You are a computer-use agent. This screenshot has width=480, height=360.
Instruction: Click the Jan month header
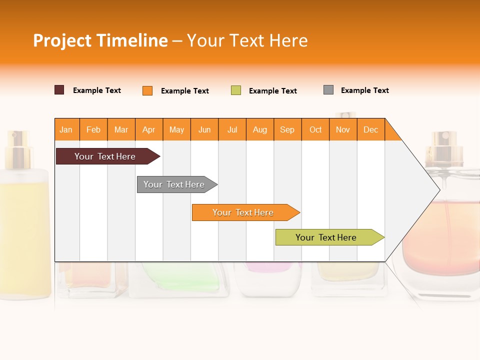click(66, 129)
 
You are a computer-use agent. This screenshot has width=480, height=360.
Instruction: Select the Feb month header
click(93, 129)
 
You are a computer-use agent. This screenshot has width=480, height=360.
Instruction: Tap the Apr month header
click(149, 129)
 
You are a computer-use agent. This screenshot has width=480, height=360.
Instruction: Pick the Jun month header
click(204, 129)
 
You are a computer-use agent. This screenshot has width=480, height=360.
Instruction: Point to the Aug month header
click(260, 129)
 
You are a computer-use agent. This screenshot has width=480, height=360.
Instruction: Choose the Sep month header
click(287, 129)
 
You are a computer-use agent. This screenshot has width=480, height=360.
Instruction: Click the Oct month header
click(315, 129)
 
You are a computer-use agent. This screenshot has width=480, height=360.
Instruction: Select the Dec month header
click(371, 129)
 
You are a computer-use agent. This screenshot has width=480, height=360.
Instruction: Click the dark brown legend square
click(59, 90)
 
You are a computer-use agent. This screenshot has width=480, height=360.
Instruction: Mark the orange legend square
click(147, 90)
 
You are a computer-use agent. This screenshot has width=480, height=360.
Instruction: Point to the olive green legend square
click(236, 90)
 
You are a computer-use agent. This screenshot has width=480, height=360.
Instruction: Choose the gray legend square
click(328, 90)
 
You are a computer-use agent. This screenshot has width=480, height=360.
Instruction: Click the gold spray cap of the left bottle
click(19, 142)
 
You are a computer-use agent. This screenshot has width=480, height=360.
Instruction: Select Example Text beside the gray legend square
click(364, 90)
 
